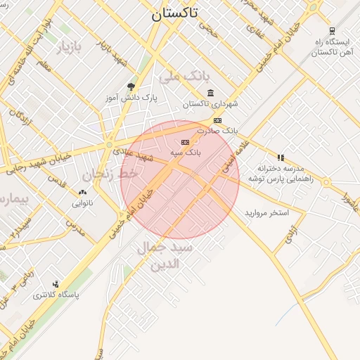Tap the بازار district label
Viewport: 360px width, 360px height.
pyautogui.click(x=69, y=48)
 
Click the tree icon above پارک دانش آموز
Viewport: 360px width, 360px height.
pyautogui.click(x=131, y=86)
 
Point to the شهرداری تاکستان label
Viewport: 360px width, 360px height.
pyautogui.click(x=211, y=104)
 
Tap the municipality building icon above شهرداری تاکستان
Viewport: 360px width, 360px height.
pyautogui.click(x=211, y=93)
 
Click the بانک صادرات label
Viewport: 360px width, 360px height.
pyautogui.click(x=218, y=131)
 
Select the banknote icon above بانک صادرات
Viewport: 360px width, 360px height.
pyautogui.click(x=217, y=120)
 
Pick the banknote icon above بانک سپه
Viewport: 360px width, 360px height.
pyautogui.click(x=185, y=142)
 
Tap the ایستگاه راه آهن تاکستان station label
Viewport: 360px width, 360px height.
pyautogui.click(x=330, y=47)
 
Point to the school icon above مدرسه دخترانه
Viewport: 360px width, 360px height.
pyautogui.click(x=281, y=157)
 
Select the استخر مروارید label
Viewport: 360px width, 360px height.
pyautogui.click(x=267, y=212)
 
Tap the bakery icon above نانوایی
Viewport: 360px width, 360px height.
pyautogui.click(x=83, y=192)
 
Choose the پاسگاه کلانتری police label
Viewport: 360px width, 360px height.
pyautogui.click(x=56, y=295)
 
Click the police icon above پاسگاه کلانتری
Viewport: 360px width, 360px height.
pyautogui.click(x=56, y=284)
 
